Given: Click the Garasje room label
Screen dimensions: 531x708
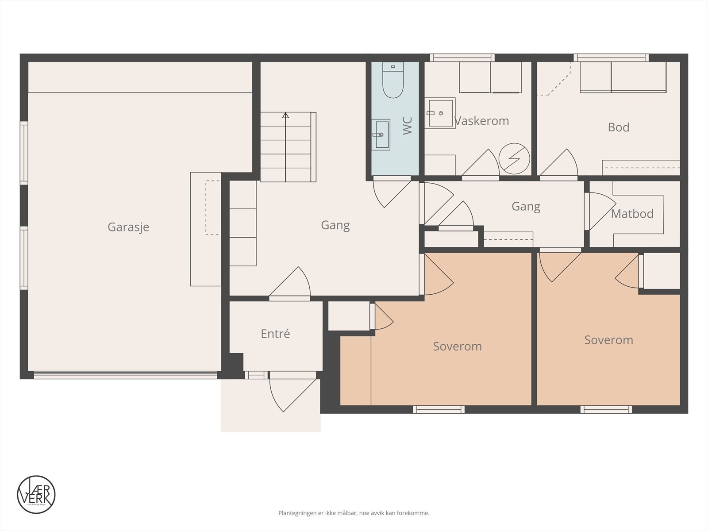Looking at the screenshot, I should pyautogui.click(x=128, y=227).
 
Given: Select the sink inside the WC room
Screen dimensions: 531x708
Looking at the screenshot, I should pyautogui.click(x=380, y=135).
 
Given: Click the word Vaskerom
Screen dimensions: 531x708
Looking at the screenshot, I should pyautogui.click(x=481, y=121).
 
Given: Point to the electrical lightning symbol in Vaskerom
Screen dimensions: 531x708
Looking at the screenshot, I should pyautogui.click(x=514, y=158).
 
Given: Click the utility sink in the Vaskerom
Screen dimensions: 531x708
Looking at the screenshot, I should pyautogui.click(x=440, y=113).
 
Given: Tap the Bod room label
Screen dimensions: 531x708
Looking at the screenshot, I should pyautogui.click(x=618, y=127).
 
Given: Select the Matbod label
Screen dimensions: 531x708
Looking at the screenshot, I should pyautogui.click(x=632, y=214).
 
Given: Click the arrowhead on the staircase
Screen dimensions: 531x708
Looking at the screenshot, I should pyautogui.click(x=285, y=115).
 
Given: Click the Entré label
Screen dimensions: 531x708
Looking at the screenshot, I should pyautogui.click(x=275, y=334).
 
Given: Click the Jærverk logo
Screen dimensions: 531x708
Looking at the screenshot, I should pyautogui.click(x=36, y=494).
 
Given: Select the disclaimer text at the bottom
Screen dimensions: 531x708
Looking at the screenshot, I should pyautogui.click(x=354, y=513).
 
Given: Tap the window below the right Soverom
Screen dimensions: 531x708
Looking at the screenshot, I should pyautogui.click(x=606, y=410).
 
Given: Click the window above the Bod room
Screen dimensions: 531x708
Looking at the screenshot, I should pyautogui.click(x=611, y=58).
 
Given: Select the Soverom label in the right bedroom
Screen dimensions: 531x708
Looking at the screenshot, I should pyautogui.click(x=608, y=340).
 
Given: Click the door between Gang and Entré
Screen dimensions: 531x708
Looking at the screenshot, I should pyautogui.click(x=290, y=283).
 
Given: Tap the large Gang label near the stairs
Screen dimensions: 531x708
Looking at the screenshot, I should pyautogui.click(x=335, y=225).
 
